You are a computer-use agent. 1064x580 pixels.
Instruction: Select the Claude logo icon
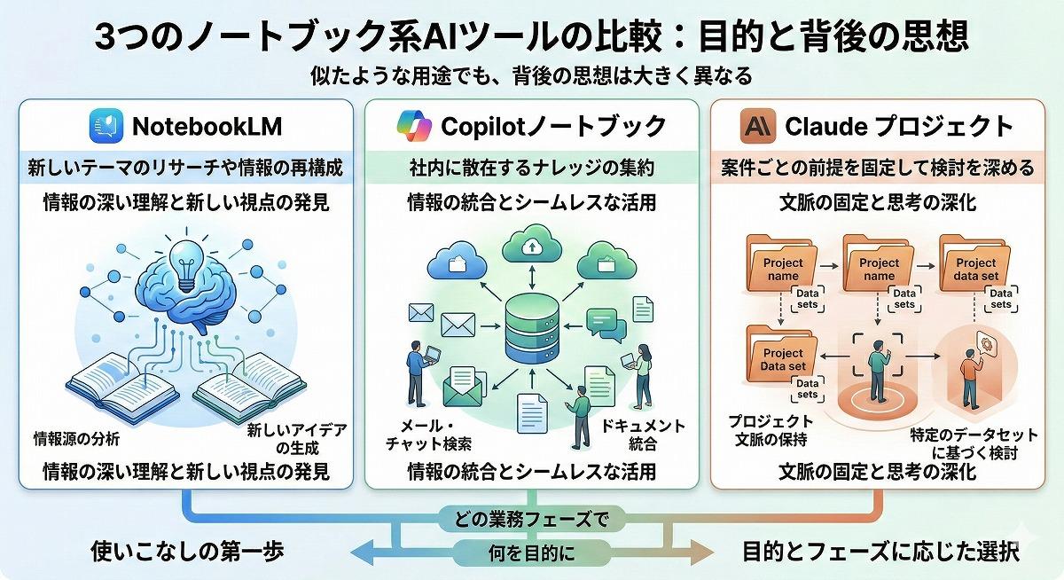coord(758,126)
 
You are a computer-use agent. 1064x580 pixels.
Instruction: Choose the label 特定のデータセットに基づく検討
coord(974,443)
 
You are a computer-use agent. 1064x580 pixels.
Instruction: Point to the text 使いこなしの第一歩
coord(188,552)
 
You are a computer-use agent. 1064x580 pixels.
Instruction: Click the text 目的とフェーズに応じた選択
coord(880,552)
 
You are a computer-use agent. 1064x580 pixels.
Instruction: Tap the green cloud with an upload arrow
coord(531,246)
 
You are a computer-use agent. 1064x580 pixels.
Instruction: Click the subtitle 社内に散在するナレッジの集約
coord(531,168)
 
